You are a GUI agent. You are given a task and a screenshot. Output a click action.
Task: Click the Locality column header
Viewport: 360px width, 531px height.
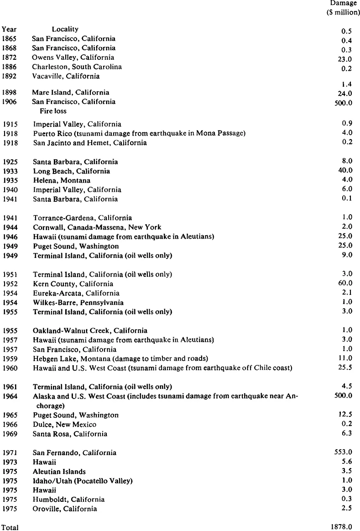point(65,29)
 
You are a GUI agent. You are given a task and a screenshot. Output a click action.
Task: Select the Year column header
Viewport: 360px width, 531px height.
point(9,29)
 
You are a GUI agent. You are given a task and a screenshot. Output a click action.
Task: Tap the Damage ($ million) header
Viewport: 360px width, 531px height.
point(343,8)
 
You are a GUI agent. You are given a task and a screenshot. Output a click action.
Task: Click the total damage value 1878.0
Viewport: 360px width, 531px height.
point(343,527)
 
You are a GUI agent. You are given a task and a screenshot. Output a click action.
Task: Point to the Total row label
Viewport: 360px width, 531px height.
point(10,527)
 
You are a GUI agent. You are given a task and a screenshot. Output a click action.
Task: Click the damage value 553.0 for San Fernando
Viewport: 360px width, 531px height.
point(344,452)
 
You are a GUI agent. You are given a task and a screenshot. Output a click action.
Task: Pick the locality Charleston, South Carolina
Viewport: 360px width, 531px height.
point(77,67)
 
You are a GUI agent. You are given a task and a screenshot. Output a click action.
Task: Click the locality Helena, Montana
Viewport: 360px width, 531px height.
point(62,180)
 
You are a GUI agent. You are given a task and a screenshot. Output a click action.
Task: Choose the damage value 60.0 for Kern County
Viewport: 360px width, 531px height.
point(345,284)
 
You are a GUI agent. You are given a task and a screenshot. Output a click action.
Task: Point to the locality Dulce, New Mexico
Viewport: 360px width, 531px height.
point(64,424)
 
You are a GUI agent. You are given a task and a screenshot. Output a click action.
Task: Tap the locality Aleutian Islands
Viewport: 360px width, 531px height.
point(59,472)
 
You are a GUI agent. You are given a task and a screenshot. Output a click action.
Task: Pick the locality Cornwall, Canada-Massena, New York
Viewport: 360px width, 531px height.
point(97,227)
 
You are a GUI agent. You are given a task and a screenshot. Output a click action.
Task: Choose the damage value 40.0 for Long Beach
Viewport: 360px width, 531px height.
point(345,171)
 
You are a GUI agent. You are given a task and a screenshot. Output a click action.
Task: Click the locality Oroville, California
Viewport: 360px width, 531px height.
point(65,509)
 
